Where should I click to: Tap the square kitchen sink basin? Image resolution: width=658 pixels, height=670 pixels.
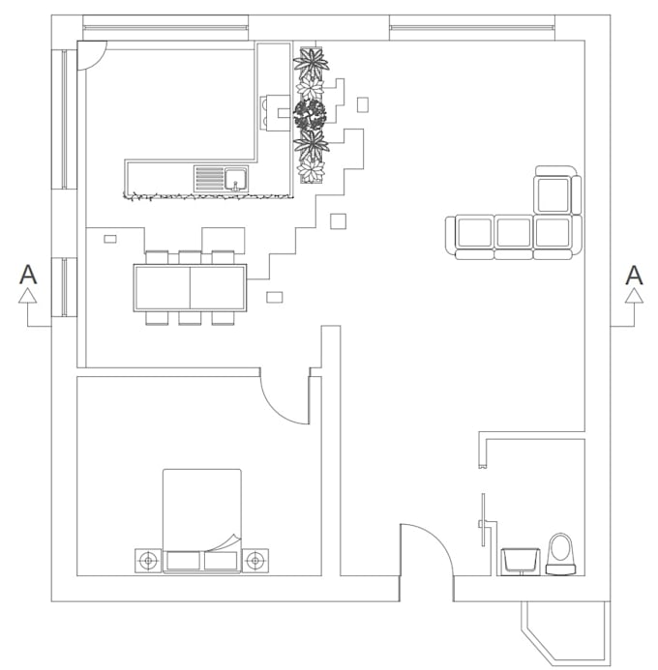235,179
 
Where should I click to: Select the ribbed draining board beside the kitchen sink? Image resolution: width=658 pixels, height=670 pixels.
209,179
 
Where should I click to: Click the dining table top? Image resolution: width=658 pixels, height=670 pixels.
190,287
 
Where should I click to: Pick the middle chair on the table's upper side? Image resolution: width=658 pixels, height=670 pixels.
190,257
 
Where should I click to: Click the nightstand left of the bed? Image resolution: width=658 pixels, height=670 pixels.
147,560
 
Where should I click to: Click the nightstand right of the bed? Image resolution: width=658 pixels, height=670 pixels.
255,560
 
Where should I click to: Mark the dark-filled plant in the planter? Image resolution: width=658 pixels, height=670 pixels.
310,115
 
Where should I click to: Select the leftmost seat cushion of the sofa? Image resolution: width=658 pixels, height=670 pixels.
474,233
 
